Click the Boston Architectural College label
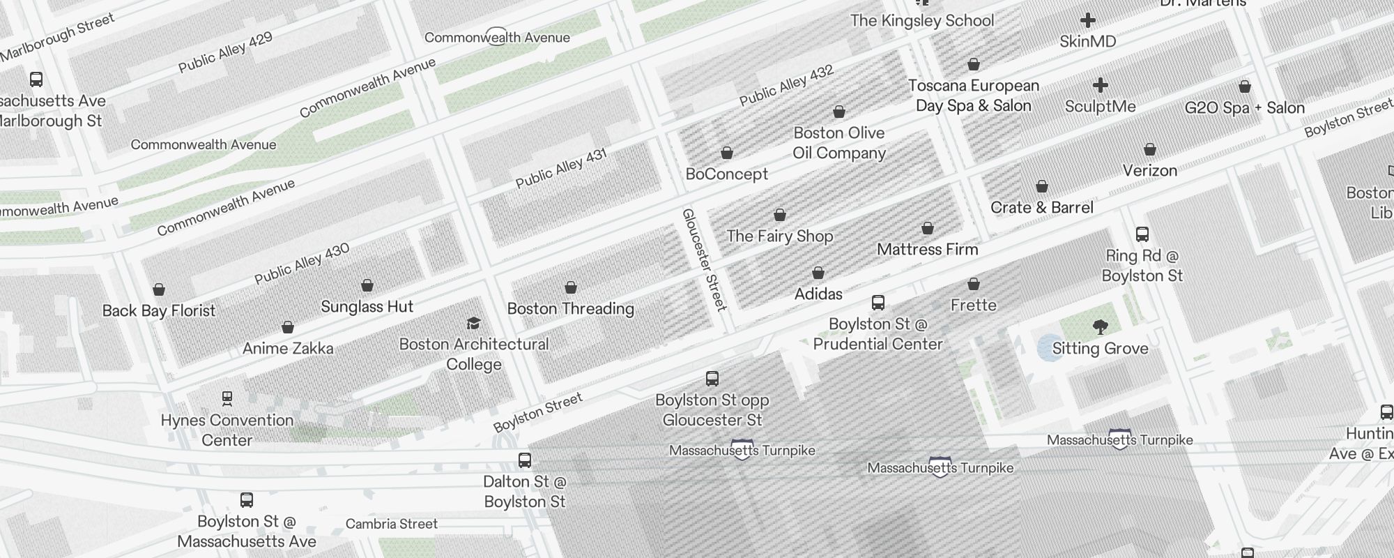(x=474, y=354)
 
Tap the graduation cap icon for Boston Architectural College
(x=474, y=323)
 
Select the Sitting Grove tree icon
(x=1101, y=327)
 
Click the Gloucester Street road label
(x=704, y=259)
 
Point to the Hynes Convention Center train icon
(x=227, y=398)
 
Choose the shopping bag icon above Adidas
(x=818, y=273)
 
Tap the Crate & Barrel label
(x=1041, y=207)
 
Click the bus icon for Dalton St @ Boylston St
(x=525, y=460)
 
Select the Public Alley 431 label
(x=561, y=169)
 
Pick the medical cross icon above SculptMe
(x=1101, y=85)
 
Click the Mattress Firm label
(x=927, y=249)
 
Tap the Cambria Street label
(x=392, y=524)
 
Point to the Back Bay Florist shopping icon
(x=159, y=289)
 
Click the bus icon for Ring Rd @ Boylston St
(x=1142, y=234)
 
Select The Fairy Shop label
(x=779, y=236)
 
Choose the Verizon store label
(x=1149, y=170)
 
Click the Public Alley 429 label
(x=225, y=53)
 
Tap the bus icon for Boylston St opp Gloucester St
(x=712, y=379)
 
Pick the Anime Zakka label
(x=288, y=348)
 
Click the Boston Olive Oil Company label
(x=839, y=143)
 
